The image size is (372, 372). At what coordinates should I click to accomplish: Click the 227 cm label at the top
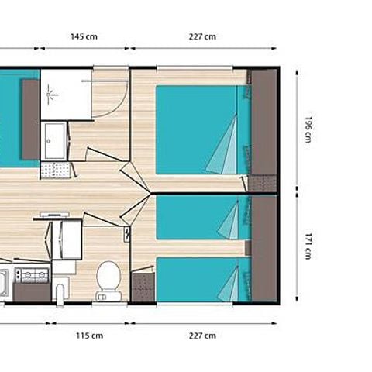click(x=202, y=36)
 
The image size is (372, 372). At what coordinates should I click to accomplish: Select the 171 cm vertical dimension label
click(x=307, y=247)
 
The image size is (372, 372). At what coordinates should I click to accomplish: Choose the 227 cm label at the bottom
click(x=202, y=336)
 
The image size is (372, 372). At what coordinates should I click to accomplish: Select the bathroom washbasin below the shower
click(x=54, y=140)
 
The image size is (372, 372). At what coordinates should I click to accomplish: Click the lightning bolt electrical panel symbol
click(x=126, y=235)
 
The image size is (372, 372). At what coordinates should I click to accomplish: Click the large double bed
click(x=201, y=129)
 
